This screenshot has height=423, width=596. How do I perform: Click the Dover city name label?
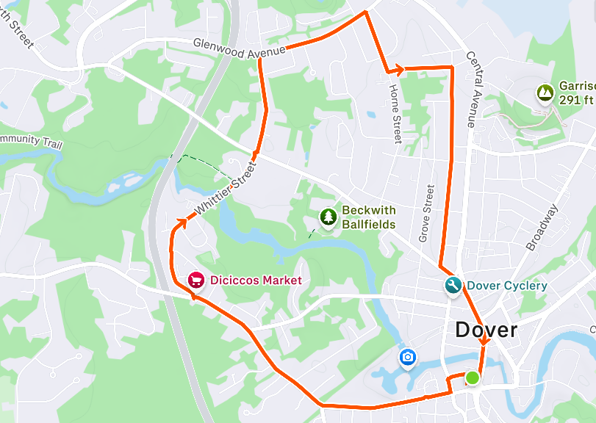pyautogui.click(x=486, y=330)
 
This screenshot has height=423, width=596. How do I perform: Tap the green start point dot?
pyautogui.click(x=472, y=377)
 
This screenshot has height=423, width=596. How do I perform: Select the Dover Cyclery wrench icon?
pyautogui.click(x=453, y=286)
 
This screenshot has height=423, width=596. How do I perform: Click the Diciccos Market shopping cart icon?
pyautogui.click(x=195, y=280)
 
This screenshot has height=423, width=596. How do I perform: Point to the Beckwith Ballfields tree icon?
pyautogui.click(x=327, y=217)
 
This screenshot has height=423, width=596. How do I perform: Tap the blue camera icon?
pyautogui.click(x=407, y=358)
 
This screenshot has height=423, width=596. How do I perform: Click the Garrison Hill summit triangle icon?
pyautogui.click(x=545, y=93)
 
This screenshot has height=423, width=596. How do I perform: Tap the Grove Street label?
pyautogui.click(x=426, y=214)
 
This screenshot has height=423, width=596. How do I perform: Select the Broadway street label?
pyautogui.click(x=542, y=227)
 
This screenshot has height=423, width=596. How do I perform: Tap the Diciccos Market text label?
pyautogui.click(x=256, y=280)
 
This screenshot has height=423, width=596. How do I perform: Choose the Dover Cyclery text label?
pyautogui.click(x=507, y=286)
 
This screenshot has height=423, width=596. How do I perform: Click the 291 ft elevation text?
pyautogui.click(x=576, y=99)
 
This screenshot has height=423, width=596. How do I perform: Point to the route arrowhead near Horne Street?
pyautogui.click(x=400, y=70)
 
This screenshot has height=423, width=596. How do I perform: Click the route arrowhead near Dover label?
pyautogui.click(x=483, y=341)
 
